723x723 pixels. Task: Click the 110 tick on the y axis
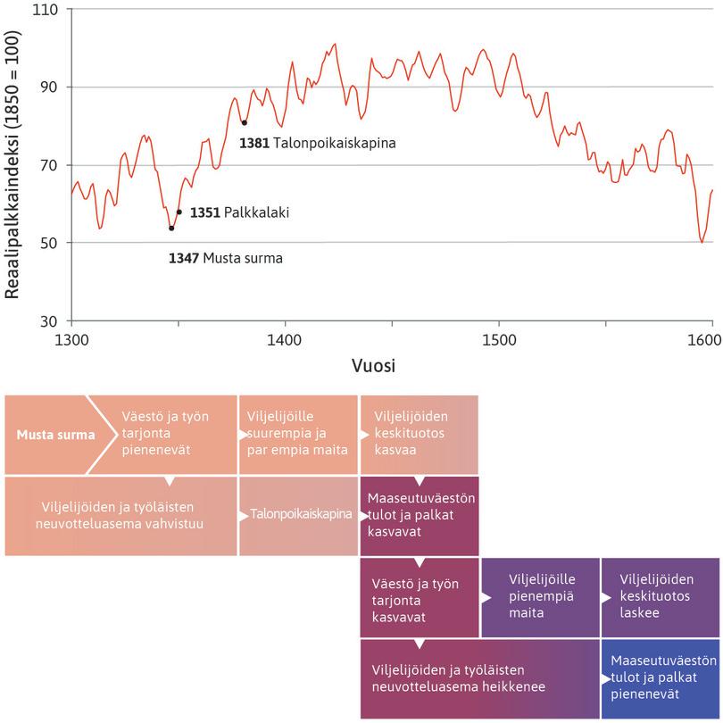(x=45, y=10)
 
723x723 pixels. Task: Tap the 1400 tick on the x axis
(x=284, y=340)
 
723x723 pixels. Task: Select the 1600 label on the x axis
(x=706, y=340)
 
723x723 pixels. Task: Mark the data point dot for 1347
(x=171, y=229)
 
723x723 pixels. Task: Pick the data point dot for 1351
(x=179, y=212)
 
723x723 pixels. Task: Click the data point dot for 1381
(x=244, y=123)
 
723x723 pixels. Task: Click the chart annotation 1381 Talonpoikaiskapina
(x=317, y=142)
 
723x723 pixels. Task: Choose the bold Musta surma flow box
(x=55, y=436)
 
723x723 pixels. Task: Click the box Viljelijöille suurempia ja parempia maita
(x=298, y=434)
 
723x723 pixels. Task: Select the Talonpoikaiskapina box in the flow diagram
(x=298, y=516)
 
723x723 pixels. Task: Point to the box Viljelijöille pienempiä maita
(x=540, y=596)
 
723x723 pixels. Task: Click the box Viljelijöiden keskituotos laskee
(x=661, y=596)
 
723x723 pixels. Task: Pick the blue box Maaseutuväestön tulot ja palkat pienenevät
(x=661, y=677)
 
